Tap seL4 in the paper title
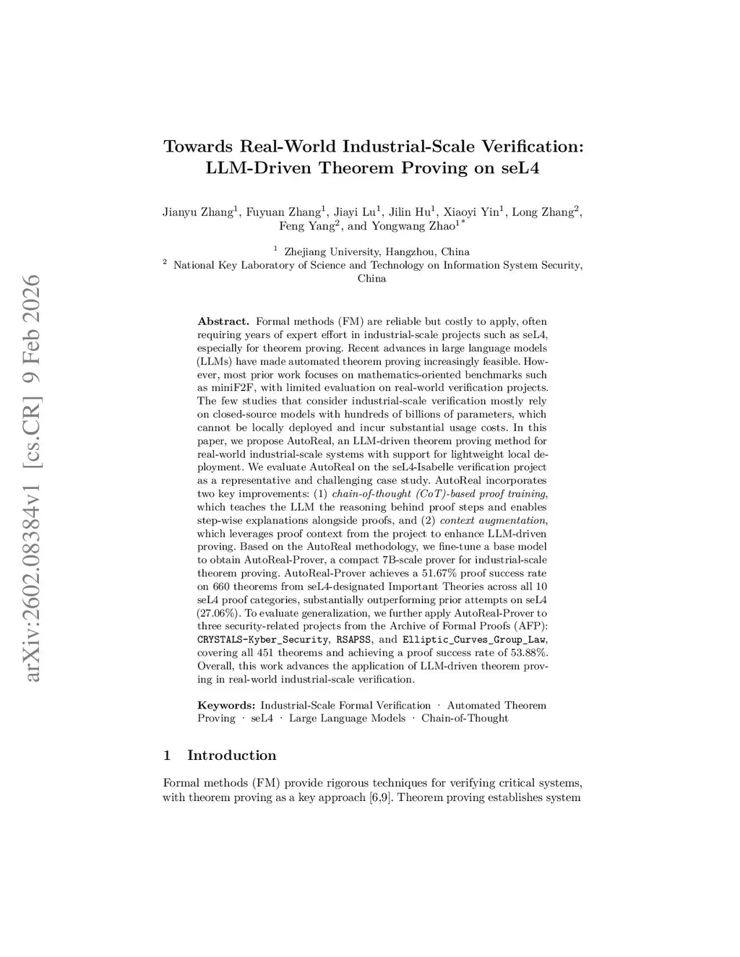(520, 168)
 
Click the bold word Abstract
(223, 321)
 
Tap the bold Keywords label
(226, 705)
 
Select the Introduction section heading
(231, 755)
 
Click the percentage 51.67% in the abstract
(443, 573)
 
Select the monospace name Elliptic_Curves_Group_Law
(474, 640)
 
